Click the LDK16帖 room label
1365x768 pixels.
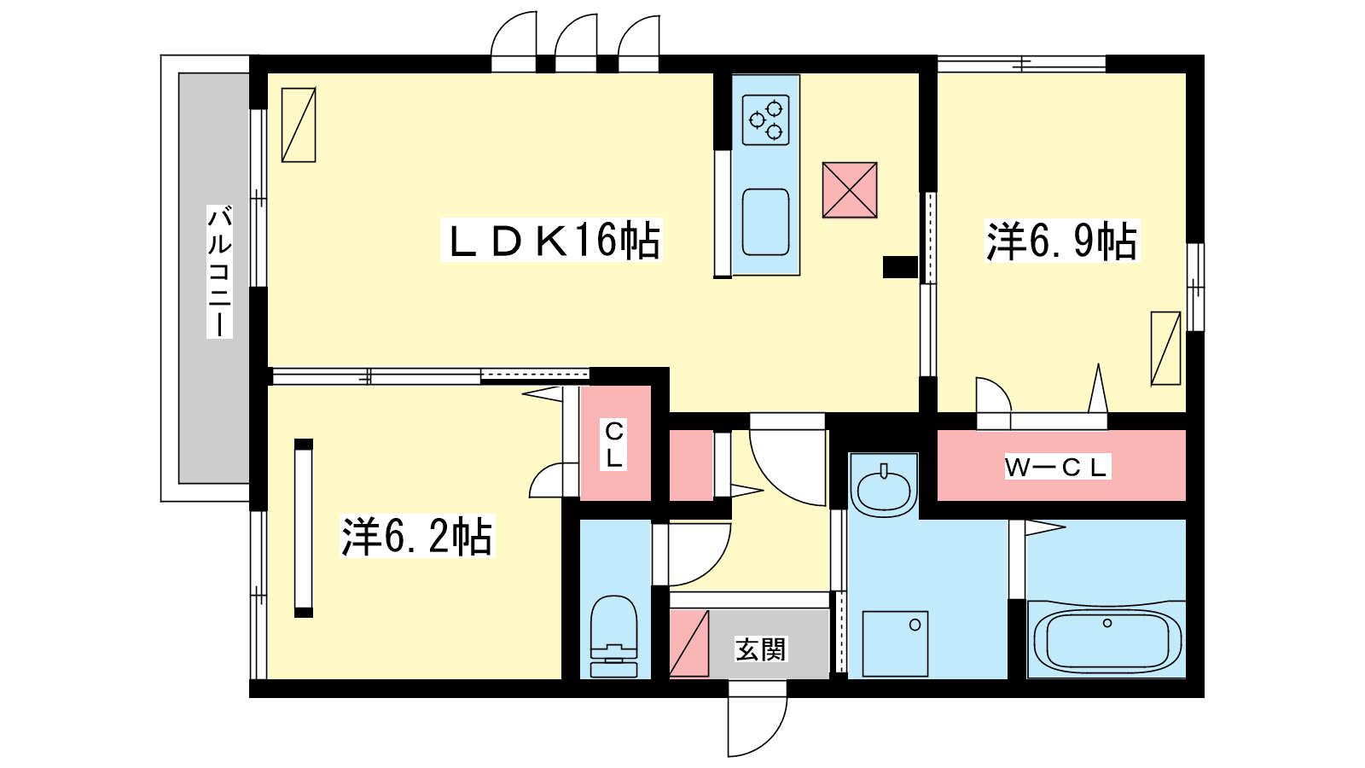pyautogui.click(x=552, y=241)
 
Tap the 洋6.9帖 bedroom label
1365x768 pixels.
pyautogui.click(x=1062, y=242)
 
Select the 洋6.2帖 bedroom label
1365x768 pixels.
pyautogui.click(x=417, y=537)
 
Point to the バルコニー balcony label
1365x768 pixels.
pyautogui.click(x=219, y=272)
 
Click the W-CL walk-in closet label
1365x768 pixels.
pyautogui.click(x=1057, y=468)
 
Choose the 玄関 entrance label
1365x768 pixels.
pyautogui.click(x=761, y=649)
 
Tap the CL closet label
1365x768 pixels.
pyautogui.click(x=614, y=444)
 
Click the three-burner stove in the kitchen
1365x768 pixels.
pyautogui.click(x=766, y=120)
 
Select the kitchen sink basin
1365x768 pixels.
pyautogui.click(x=766, y=222)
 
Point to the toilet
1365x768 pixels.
pyautogui.click(x=613, y=637)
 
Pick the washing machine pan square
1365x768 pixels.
pyautogui.click(x=895, y=643)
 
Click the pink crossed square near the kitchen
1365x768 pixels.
pyautogui.click(x=850, y=190)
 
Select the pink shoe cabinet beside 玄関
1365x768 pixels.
pyautogui.click(x=689, y=643)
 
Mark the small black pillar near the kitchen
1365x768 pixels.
pyautogui.click(x=900, y=267)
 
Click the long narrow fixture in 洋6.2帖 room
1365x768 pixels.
pyautogui.click(x=304, y=528)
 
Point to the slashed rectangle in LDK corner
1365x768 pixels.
pyautogui.click(x=299, y=125)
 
